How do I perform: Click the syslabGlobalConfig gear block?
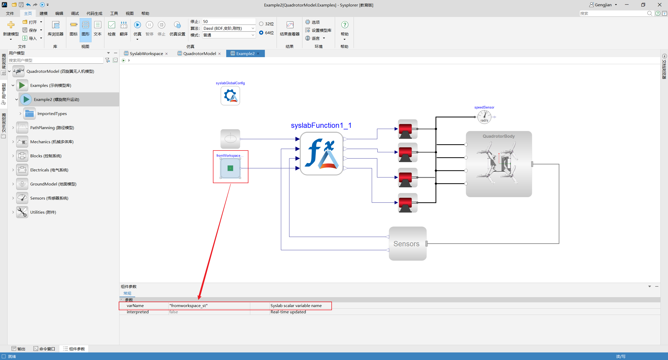[230, 96]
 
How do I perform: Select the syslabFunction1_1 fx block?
[321, 154]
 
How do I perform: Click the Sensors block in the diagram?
[408, 243]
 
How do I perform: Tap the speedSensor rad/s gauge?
[484, 117]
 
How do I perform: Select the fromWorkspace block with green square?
[230, 168]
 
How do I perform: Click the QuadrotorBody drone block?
[499, 164]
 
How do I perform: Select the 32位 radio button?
[261, 24]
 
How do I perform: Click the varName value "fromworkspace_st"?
[188, 305]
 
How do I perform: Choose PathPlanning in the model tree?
[52, 128]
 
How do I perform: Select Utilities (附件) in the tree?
[43, 212]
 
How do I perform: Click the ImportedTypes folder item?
[52, 113]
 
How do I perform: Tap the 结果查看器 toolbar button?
[290, 29]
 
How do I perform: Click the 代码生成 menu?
[94, 13]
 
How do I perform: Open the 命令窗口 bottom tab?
[44, 349]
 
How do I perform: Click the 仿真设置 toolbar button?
[177, 29]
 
